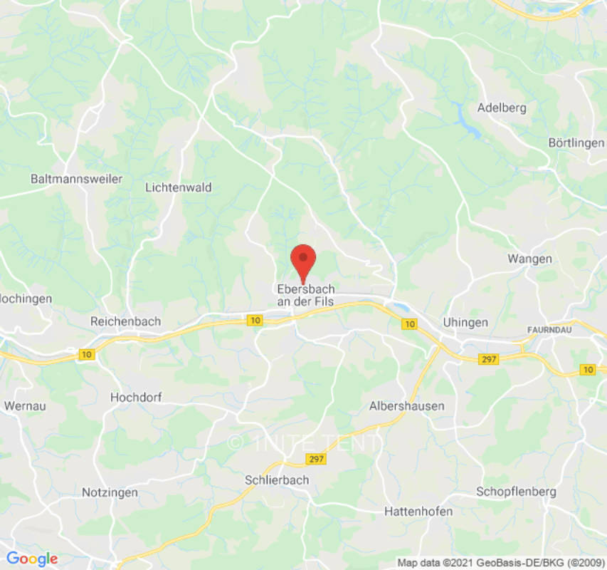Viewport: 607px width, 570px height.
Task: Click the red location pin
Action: [x=304, y=260]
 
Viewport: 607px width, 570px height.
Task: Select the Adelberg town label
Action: [x=502, y=108]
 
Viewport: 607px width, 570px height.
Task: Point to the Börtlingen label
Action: [x=576, y=142]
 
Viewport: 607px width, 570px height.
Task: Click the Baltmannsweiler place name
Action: [x=77, y=179]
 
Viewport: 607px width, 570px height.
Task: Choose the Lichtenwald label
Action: [x=178, y=187]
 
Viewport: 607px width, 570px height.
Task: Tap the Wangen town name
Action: [x=529, y=258]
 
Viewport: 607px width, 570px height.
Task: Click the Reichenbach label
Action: [x=125, y=321]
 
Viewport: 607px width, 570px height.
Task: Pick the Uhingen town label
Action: [x=465, y=322]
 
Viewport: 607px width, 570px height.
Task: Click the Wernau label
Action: [x=24, y=405]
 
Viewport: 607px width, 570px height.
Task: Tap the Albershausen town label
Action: [x=407, y=405]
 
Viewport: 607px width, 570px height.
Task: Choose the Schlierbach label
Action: [x=277, y=480]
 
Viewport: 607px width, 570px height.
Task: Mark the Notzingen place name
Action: [x=110, y=492]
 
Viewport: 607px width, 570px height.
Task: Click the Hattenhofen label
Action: [x=418, y=511]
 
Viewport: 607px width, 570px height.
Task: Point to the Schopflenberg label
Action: [x=516, y=492]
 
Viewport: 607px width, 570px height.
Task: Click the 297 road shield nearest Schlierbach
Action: [x=315, y=459]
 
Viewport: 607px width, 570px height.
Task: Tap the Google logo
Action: [x=32, y=559]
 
